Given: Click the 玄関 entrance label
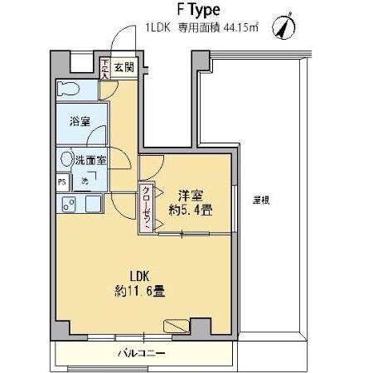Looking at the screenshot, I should pyautogui.click(x=124, y=67).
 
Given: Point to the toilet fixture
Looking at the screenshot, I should pyautogui.click(x=70, y=88).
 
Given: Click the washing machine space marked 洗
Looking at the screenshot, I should pyautogui.click(x=85, y=181).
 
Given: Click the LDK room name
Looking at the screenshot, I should pyautogui.click(x=139, y=275).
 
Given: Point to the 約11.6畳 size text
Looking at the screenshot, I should pyautogui.click(x=139, y=291).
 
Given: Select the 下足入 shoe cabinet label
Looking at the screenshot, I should pyautogui.click(x=104, y=68).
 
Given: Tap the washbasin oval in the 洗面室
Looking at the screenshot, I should pyautogui.click(x=65, y=157).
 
